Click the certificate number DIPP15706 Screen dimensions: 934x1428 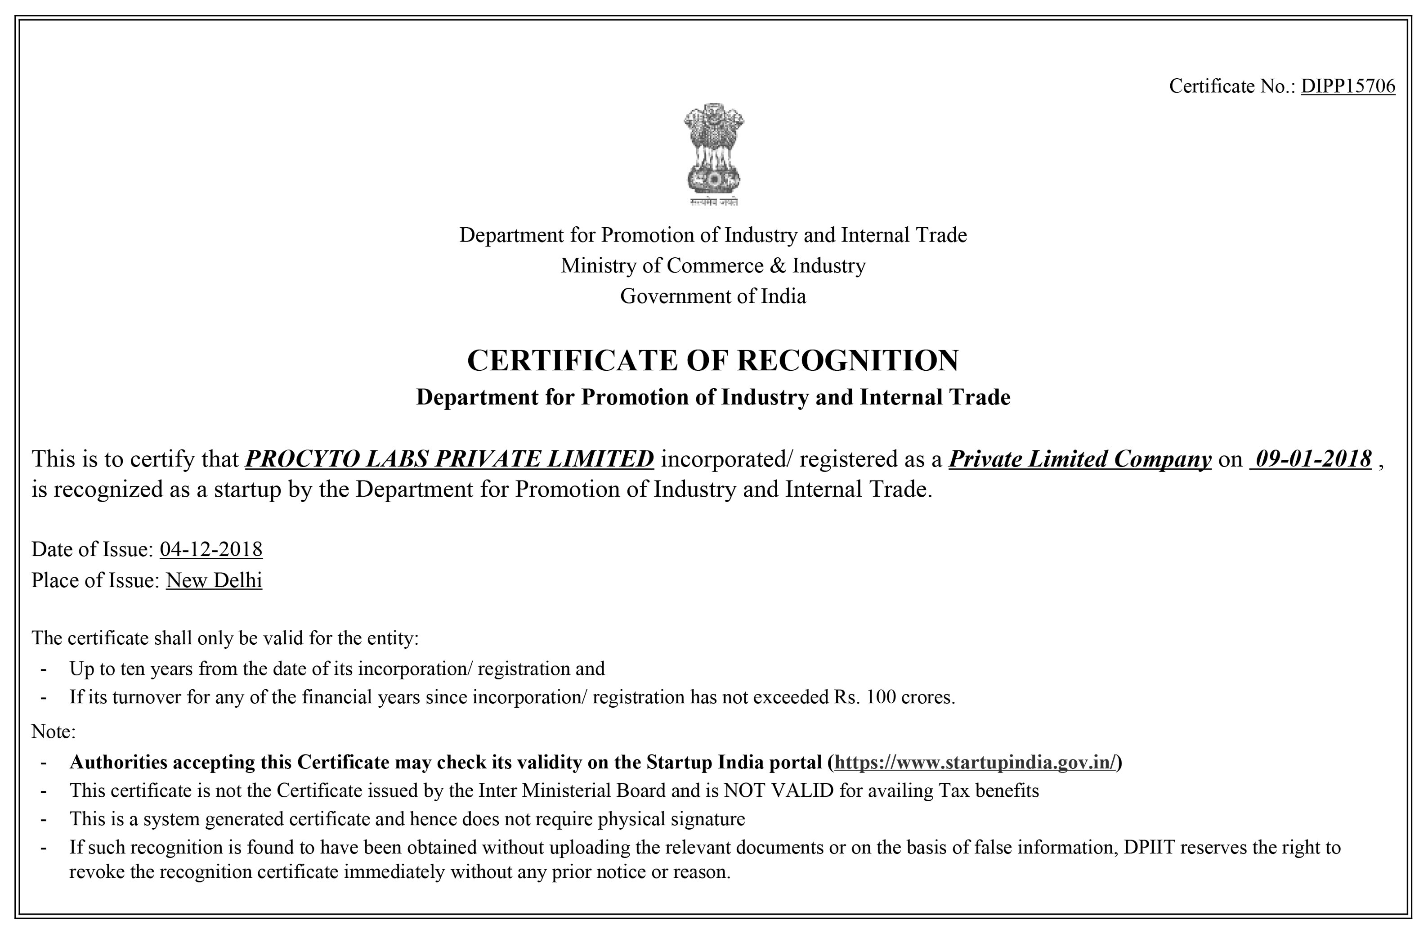[x=1347, y=86]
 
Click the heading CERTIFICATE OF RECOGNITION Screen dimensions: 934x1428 [x=713, y=361]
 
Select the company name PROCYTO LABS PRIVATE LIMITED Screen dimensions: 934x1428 [x=449, y=459]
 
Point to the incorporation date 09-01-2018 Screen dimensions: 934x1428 [x=1313, y=459]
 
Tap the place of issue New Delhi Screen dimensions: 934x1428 [x=214, y=580]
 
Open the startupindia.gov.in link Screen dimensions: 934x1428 [x=976, y=762]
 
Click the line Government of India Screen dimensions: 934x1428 [x=713, y=296]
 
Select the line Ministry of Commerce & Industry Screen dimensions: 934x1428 [x=713, y=265]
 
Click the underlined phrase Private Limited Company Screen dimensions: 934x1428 [x=1080, y=459]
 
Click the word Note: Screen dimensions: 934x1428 [x=54, y=732]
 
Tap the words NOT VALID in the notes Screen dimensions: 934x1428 [x=779, y=790]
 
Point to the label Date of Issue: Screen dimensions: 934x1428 [x=93, y=549]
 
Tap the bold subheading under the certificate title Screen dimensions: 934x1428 [x=713, y=397]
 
